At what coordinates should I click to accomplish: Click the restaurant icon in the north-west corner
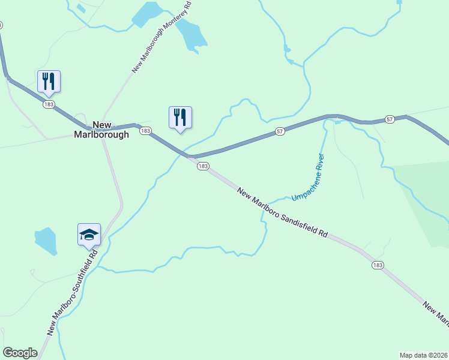49,81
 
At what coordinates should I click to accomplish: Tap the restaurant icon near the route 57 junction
180,117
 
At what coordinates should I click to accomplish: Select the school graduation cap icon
89,235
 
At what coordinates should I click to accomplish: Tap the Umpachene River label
308,178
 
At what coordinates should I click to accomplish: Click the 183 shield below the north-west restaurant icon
49,104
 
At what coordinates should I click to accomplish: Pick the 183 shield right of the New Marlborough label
145,131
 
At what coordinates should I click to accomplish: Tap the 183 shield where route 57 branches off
203,166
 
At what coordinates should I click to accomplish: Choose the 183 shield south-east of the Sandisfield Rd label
378,265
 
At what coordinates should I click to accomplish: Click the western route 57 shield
280,131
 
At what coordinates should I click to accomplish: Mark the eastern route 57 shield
390,120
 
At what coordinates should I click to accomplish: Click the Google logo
20,353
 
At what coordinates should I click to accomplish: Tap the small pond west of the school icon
46,241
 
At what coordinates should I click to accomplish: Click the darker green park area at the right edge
426,198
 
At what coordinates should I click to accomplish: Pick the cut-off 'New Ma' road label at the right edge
436,315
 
